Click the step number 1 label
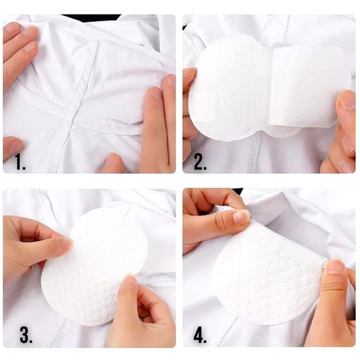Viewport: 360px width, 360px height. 20,162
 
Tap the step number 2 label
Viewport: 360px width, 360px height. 200,162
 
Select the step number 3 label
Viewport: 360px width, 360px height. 25,335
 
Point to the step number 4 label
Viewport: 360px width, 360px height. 200,335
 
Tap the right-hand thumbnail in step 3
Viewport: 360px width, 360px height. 129,282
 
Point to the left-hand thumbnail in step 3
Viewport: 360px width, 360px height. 68,243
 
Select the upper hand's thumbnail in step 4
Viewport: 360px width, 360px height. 241,216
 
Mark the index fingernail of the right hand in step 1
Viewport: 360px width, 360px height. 155,92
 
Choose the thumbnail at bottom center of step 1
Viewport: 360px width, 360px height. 113,159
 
